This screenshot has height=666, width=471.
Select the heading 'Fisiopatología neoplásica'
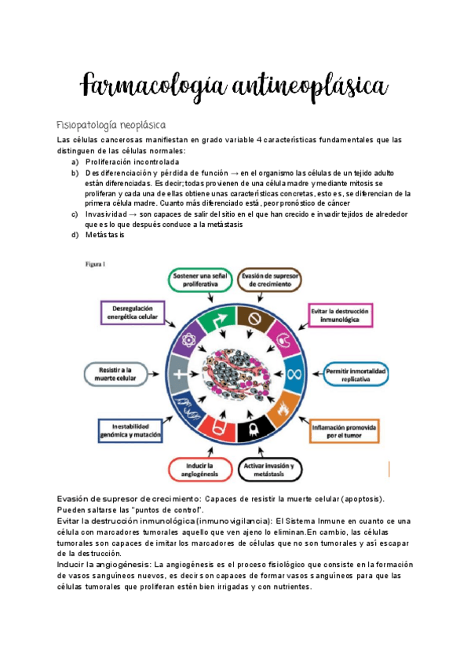click(x=111, y=125)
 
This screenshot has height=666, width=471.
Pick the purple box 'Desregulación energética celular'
click(x=130, y=313)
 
